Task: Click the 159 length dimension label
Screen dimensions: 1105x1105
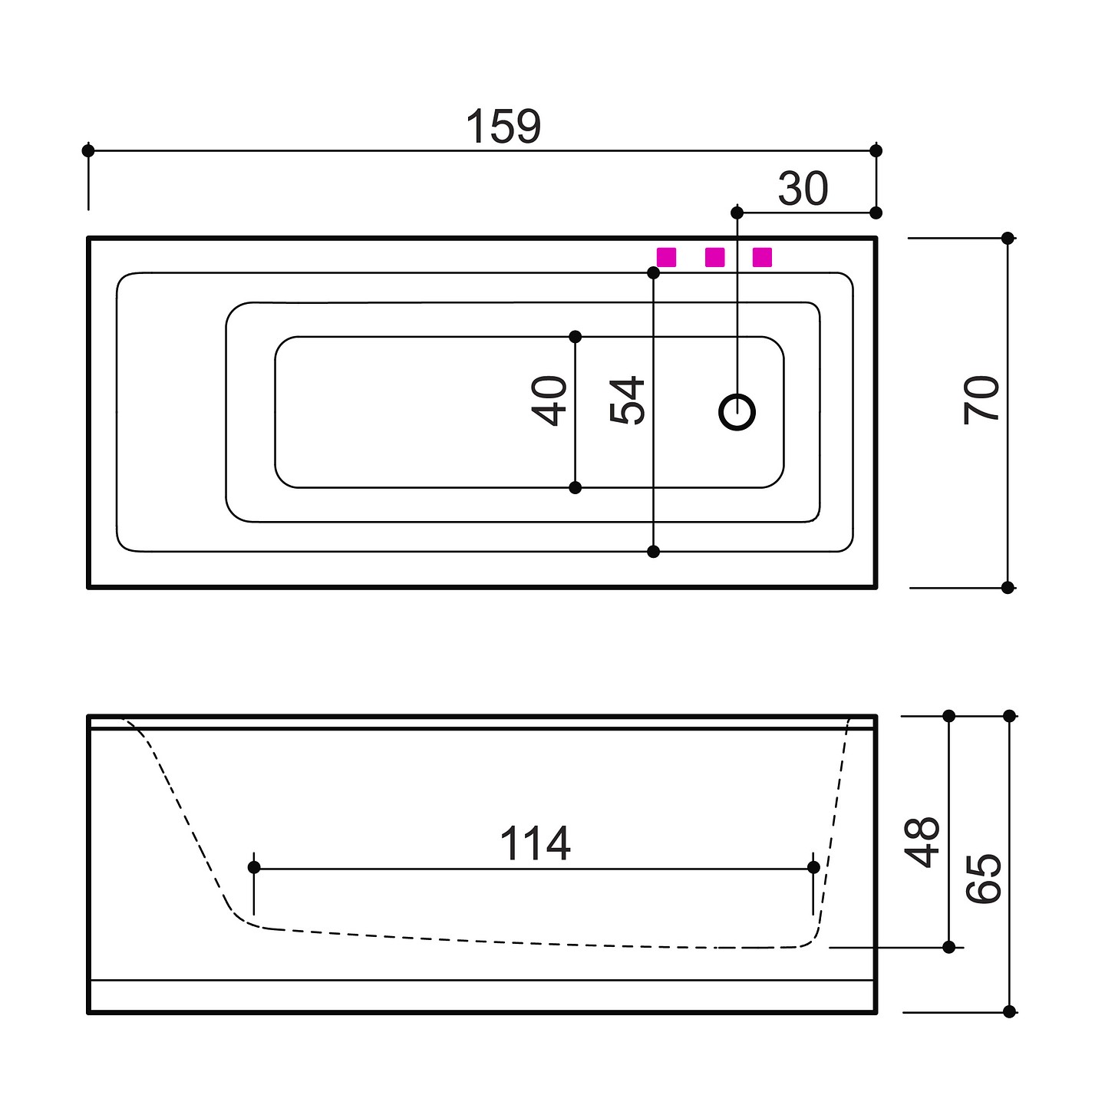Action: click(x=503, y=126)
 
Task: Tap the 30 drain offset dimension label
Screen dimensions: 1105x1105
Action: click(x=803, y=188)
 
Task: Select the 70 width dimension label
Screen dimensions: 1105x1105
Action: click(x=981, y=400)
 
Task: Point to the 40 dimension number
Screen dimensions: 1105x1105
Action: click(x=549, y=401)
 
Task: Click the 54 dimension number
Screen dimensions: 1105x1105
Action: click(x=627, y=401)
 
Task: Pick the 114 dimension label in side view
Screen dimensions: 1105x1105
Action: click(x=535, y=843)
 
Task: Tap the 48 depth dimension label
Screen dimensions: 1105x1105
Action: click(x=922, y=842)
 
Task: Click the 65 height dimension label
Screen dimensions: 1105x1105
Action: click(x=983, y=878)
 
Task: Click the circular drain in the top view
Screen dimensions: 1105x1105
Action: click(x=737, y=412)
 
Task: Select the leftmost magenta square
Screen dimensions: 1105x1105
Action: click(x=666, y=257)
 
